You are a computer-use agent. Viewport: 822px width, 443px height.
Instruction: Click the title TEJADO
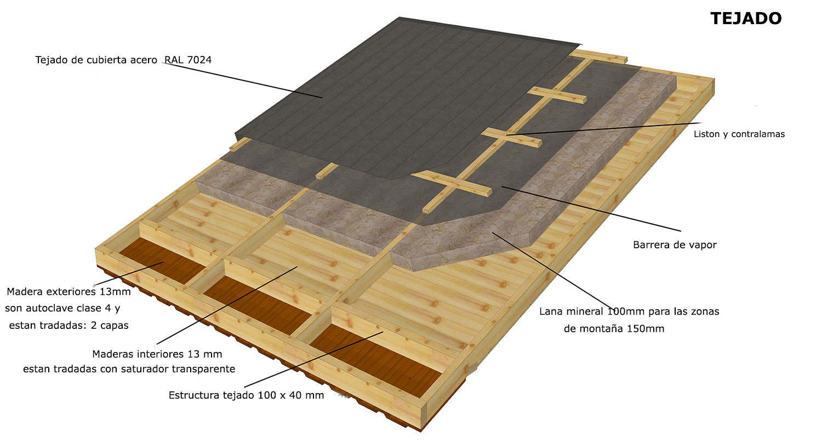point(746,18)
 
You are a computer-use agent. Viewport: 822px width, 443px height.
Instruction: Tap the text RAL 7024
point(188,60)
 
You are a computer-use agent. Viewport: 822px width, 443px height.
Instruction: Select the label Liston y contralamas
point(739,134)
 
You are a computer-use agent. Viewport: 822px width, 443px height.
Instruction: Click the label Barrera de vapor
point(675,245)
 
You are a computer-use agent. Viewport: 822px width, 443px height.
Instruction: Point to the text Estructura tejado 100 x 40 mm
point(246,395)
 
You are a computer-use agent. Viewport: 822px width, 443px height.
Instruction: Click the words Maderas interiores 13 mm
point(157,354)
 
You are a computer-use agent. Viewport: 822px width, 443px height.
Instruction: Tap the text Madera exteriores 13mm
point(68,292)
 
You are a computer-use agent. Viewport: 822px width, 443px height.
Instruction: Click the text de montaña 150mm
point(614,328)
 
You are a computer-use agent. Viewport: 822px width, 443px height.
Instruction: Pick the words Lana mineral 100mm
point(592,311)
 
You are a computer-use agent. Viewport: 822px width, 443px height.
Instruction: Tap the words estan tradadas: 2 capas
point(68,326)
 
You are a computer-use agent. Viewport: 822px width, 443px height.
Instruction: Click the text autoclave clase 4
point(70,308)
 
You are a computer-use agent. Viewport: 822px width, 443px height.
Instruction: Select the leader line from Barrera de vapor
point(591,209)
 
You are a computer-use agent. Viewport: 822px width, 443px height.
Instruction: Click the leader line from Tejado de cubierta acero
point(243,80)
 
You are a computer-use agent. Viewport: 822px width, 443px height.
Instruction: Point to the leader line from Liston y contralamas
point(604,129)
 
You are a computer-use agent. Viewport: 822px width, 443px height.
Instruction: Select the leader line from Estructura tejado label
point(314,359)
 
